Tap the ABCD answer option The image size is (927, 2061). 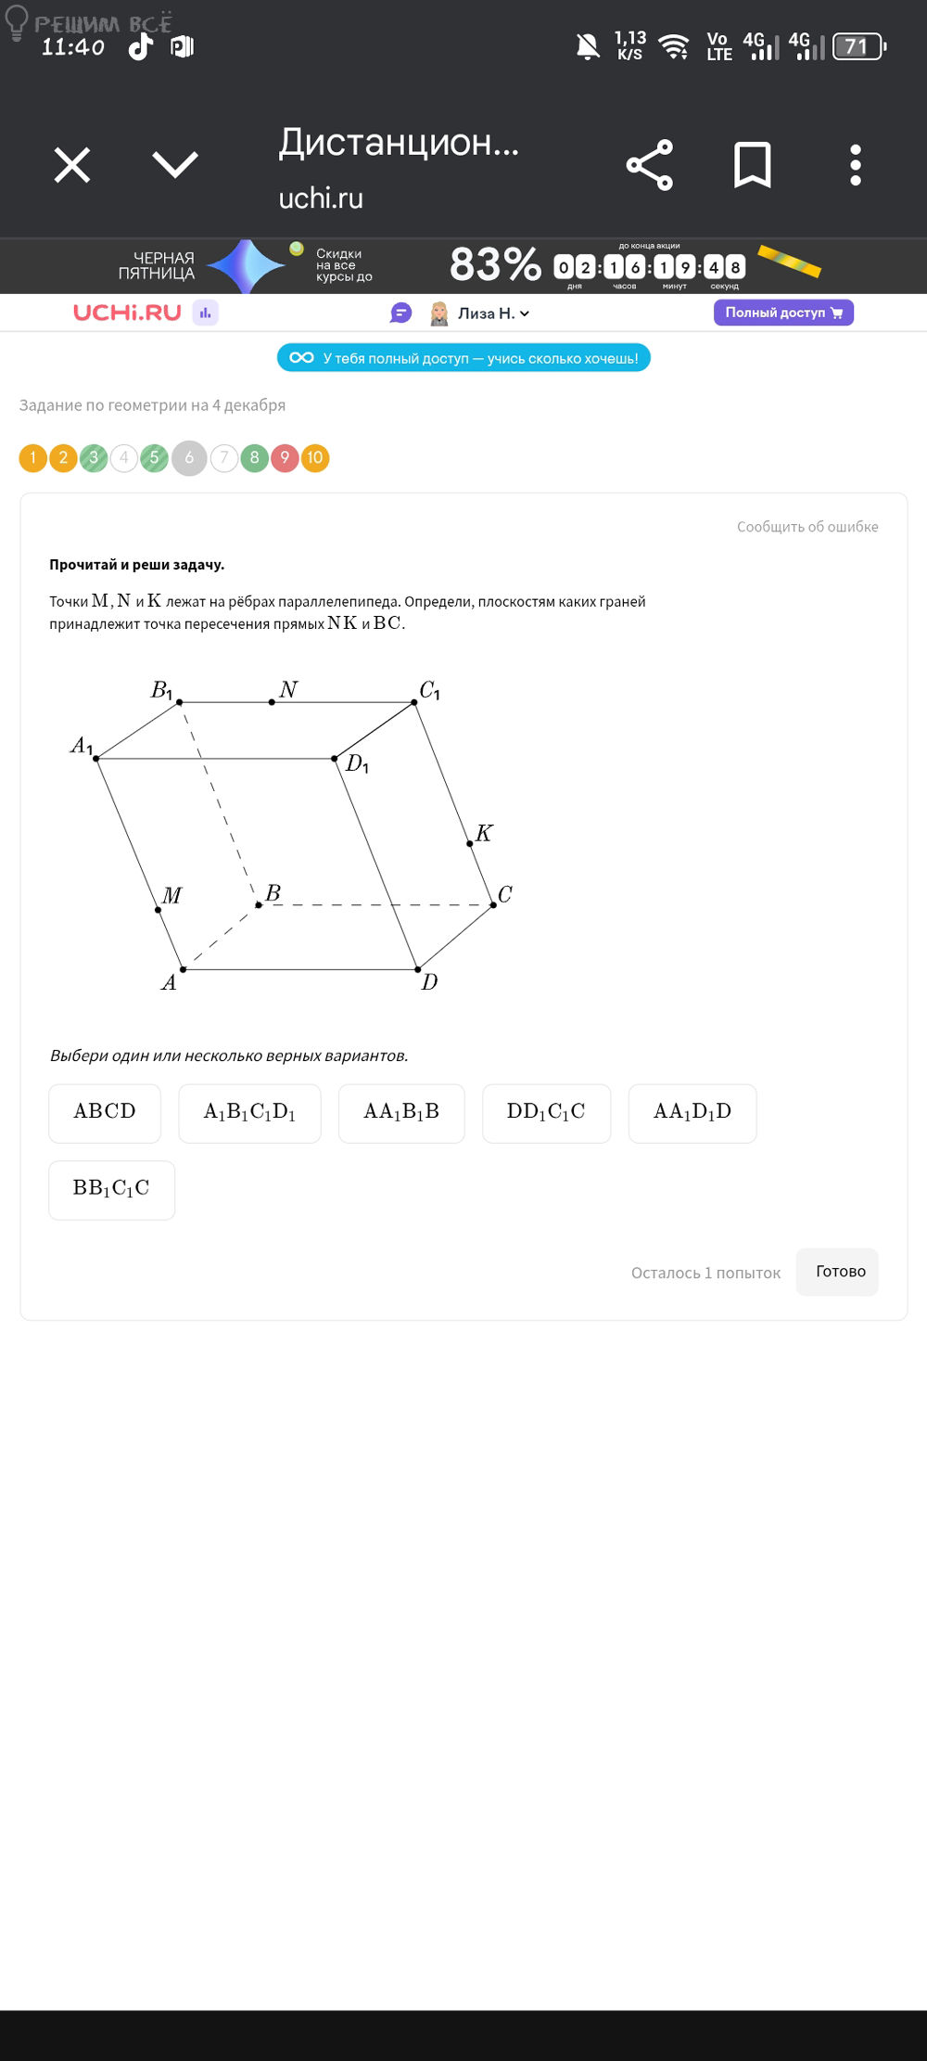click(x=105, y=1112)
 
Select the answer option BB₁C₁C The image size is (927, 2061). click(x=111, y=1189)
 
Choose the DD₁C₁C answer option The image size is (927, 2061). click(x=546, y=1112)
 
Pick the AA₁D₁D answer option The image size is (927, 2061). click(x=692, y=1112)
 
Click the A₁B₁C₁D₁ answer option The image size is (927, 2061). click(x=249, y=1112)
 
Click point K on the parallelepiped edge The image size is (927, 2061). click(x=470, y=843)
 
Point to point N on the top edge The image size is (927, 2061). click(x=272, y=702)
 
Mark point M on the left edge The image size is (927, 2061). click(x=158, y=910)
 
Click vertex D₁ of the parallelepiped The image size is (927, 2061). click(x=335, y=759)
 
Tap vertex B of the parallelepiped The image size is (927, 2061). click(x=259, y=904)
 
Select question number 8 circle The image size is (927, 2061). click(x=254, y=458)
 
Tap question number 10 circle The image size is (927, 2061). click(x=315, y=458)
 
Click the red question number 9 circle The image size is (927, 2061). click(x=285, y=458)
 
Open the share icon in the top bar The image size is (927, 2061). click(x=650, y=165)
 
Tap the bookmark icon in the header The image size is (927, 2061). click(x=752, y=165)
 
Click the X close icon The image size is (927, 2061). click(x=72, y=165)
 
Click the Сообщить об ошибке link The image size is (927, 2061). click(x=807, y=527)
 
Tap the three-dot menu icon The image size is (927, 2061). click(x=856, y=165)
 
